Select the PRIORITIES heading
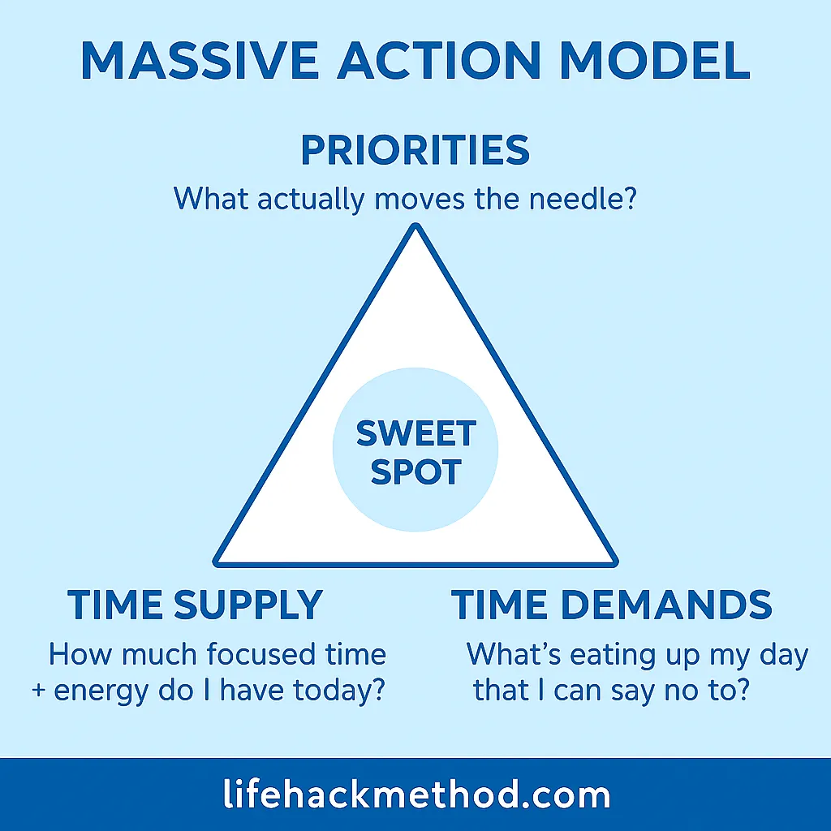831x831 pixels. [x=415, y=151]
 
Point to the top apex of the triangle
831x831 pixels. [x=415, y=227]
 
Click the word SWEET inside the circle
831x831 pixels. [x=415, y=434]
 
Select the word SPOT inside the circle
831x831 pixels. [x=415, y=471]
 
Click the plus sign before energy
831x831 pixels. [x=37, y=692]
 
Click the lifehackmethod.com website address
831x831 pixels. [x=415, y=794]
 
